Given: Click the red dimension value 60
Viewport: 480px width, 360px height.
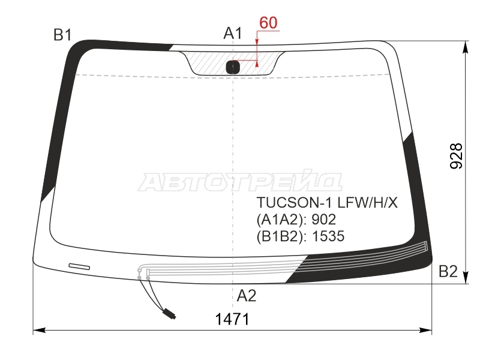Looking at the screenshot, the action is [268, 23].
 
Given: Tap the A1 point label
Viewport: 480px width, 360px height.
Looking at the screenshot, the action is [233, 33].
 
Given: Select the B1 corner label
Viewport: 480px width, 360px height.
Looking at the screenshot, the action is [62, 35].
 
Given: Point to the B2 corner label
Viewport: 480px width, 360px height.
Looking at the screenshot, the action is [448, 271].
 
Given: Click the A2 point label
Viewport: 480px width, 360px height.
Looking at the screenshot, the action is [247, 296].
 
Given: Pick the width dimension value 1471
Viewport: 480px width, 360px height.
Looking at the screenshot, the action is [232, 319].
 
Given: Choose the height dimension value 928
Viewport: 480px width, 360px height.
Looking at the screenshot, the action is [456, 156].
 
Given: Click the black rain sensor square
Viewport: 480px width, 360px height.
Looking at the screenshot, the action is [233, 67].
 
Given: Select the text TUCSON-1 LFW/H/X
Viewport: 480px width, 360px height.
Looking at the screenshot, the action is [327, 202].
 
